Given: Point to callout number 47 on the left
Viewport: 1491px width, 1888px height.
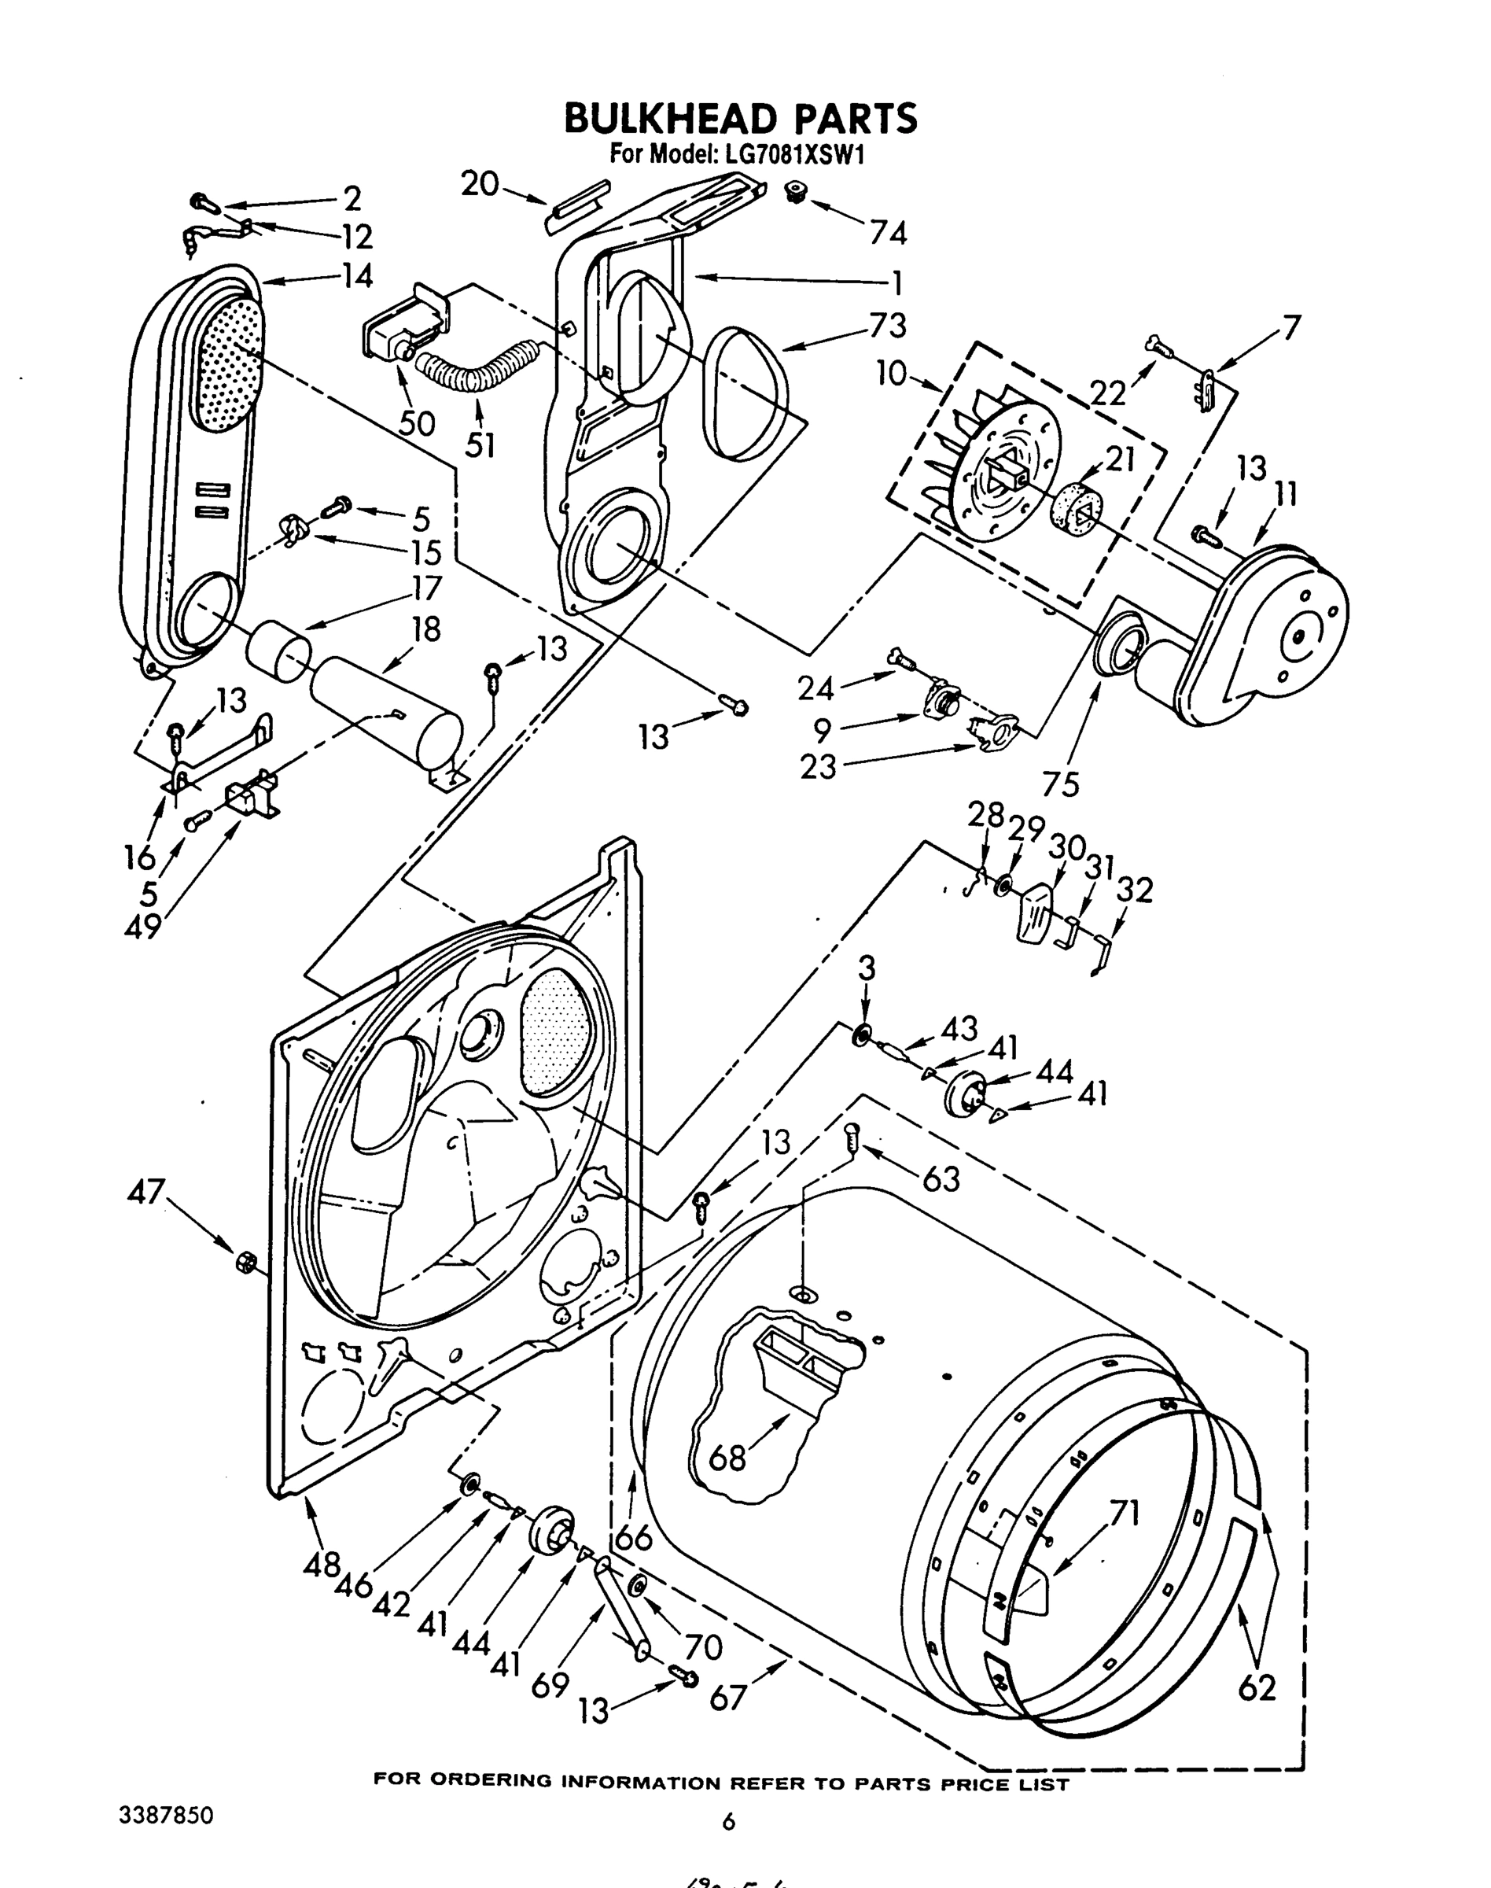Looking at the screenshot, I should click(x=145, y=1189).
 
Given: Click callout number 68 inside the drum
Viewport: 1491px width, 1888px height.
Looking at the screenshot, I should click(x=727, y=1457).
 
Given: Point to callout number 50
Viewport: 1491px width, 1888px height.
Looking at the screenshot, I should click(x=417, y=422).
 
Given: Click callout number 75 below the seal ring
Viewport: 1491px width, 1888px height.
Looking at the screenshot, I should click(x=1061, y=784).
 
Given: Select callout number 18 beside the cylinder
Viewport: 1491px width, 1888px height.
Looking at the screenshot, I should click(x=426, y=629).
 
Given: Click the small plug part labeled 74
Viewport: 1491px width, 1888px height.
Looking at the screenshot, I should click(x=794, y=191).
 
